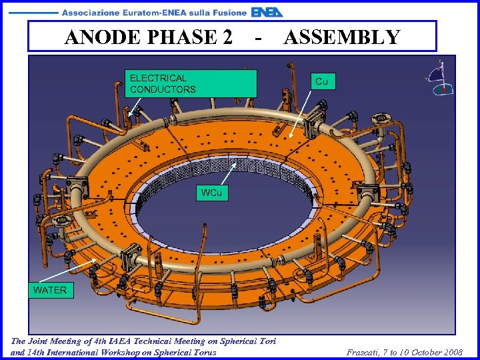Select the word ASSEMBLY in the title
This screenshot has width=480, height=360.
point(342,37)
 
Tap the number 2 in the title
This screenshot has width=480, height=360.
point(227,37)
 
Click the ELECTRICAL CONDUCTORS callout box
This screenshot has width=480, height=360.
point(191,83)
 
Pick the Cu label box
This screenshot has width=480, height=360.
point(321,81)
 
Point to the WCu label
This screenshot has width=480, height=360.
point(211,193)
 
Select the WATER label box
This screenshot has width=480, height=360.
point(50,290)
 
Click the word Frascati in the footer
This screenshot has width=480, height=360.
point(366,352)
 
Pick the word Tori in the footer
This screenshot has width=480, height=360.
point(266,341)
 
